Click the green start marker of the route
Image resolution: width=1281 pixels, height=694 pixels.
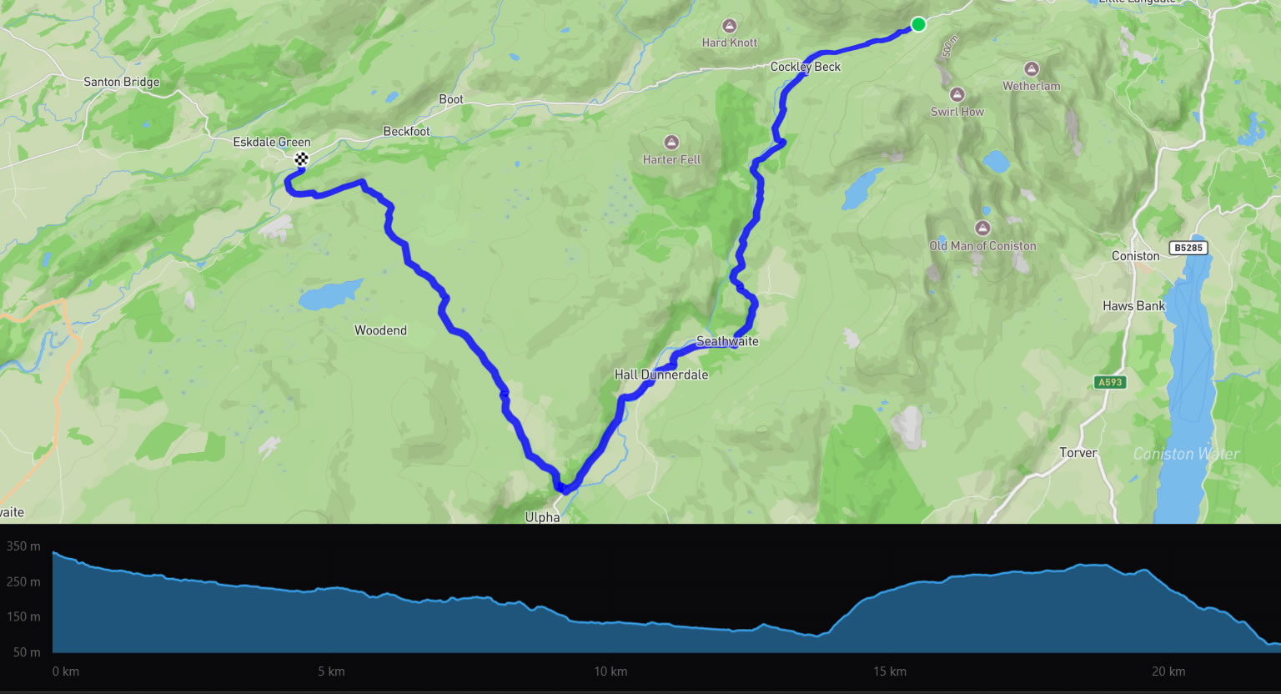(x=917, y=24)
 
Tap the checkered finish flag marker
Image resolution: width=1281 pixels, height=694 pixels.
(x=301, y=158)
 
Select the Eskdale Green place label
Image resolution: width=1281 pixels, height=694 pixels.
(x=271, y=143)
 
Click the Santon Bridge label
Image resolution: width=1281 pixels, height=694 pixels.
(x=121, y=82)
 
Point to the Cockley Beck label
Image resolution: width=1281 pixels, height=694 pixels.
(x=805, y=67)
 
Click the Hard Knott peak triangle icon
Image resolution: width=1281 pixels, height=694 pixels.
(x=730, y=26)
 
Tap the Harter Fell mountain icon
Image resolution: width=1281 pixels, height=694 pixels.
(x=671, y=143)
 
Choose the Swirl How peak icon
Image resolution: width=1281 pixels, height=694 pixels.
(x=957, y=95)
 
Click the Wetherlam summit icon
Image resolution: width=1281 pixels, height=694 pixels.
(x=1032, y=69)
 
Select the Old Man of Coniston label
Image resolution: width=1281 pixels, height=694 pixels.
(x=982, y=246)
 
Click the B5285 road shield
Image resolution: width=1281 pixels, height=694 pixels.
(x=1188, y=248)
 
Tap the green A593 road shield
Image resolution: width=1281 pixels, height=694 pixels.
(x=1110, y=382)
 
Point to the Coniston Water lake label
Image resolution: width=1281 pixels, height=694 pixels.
(x=1186, y=454)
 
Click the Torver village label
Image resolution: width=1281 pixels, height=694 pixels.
(x=1078, y=453)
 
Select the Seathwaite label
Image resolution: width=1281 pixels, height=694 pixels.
(x=727, y=341)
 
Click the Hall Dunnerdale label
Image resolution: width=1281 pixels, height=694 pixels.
(x=661, y=375)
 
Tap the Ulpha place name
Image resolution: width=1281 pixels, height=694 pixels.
(x=542, y=517)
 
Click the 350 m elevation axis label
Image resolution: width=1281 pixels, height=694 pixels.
(x=23, y=546)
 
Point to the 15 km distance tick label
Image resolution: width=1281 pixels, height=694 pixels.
(x=890, y=671)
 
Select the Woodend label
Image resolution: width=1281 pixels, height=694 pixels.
(x=380, y=330)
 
